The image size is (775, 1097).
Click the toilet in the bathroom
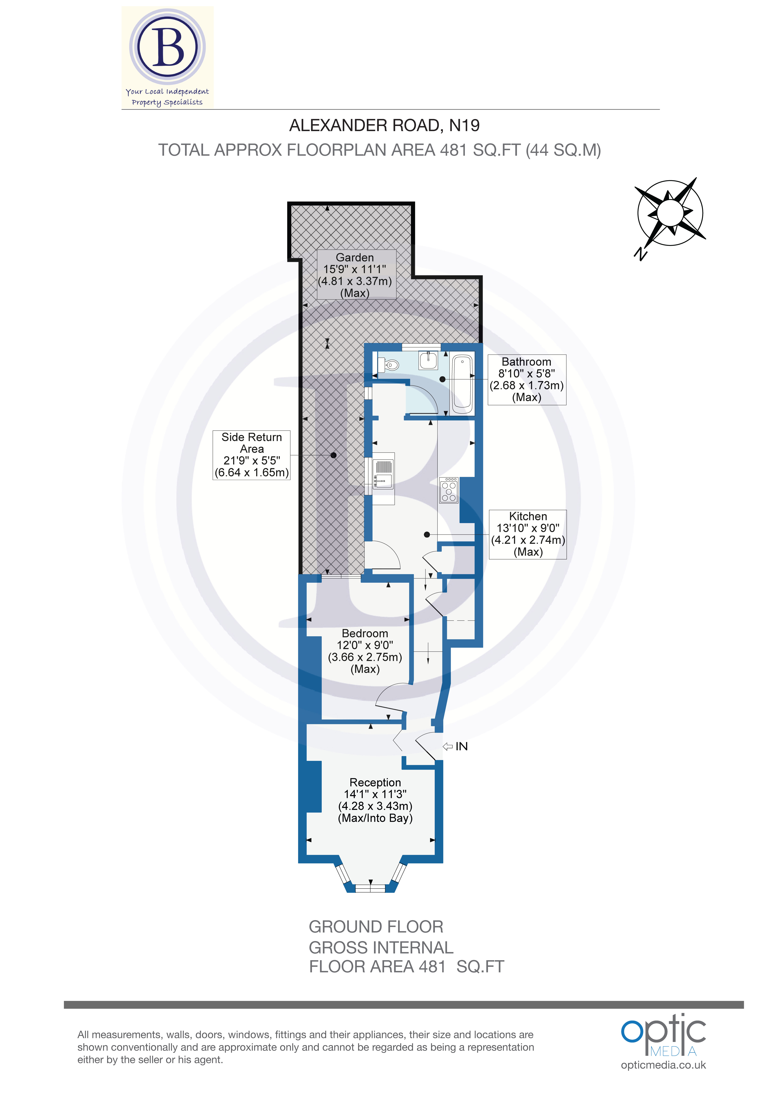[391, 365]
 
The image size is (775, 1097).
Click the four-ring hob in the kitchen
[449, 490]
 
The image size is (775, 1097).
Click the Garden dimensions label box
[356, 275]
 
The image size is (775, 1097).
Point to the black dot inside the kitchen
[427, 535]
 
